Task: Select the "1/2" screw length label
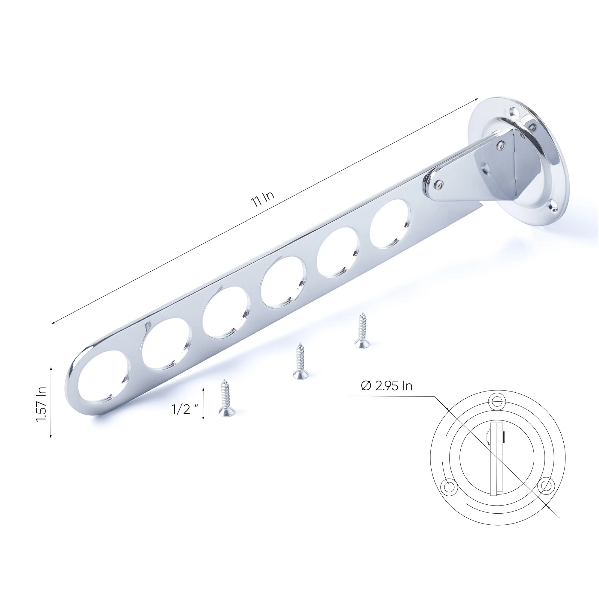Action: (x=185, y=409)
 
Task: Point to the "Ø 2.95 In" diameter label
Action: (x=387, y=386)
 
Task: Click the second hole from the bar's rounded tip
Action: (x=167, y=344)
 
